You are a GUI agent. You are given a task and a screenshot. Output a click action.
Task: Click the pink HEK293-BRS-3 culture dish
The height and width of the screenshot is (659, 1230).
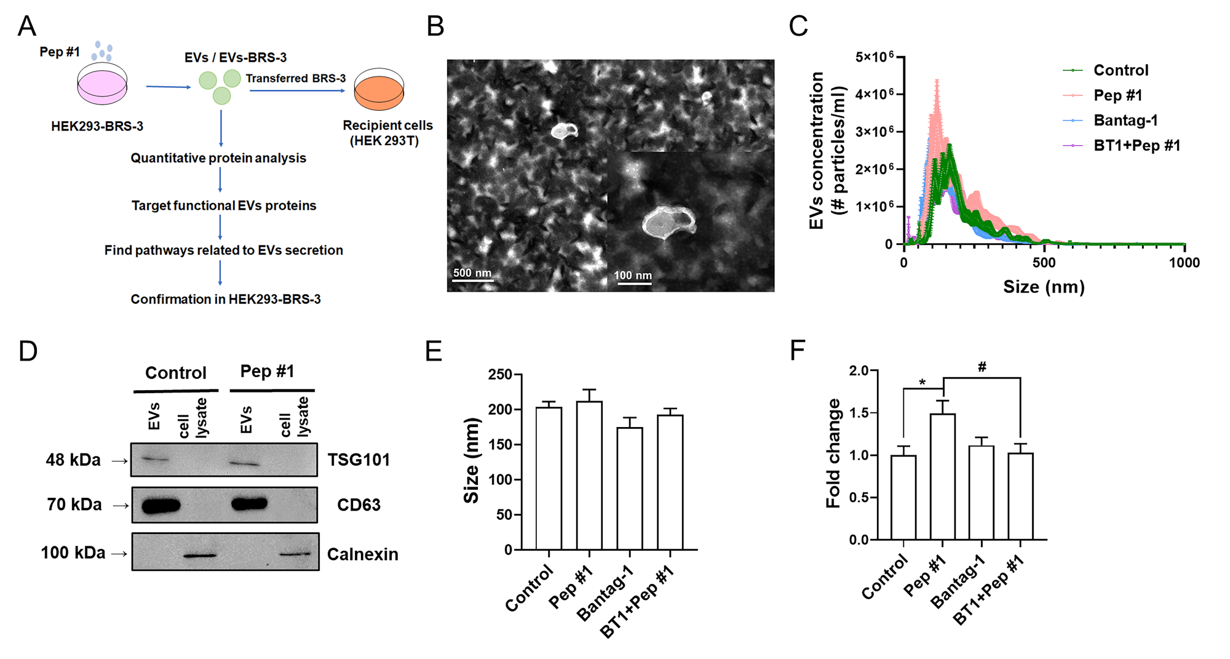point(102,86)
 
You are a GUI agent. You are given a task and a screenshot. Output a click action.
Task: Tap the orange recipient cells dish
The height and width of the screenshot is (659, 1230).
point(379,90)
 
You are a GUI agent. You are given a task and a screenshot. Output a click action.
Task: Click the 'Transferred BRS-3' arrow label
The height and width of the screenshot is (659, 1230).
point(296,78)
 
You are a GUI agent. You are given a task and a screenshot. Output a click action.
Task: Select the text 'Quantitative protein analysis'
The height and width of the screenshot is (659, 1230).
point(218,158)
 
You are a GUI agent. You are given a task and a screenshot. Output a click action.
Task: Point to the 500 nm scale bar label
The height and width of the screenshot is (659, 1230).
point(472,273)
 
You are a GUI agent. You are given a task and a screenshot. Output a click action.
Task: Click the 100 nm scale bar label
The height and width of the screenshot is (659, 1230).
point(633,275)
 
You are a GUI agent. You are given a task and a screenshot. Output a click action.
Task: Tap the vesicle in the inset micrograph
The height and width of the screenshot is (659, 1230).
point(668,223)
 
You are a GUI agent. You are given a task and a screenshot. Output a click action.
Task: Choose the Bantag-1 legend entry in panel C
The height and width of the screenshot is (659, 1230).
point(1125,121)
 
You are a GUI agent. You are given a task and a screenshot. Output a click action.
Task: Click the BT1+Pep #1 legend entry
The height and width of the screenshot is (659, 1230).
point(1137,146)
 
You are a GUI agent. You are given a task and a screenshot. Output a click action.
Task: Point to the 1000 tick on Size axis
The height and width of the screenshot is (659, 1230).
point(1184,263)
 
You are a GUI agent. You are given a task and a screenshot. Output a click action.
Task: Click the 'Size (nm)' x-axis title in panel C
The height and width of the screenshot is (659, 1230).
point(1044,287)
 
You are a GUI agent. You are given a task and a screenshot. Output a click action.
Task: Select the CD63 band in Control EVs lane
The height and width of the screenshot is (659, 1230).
point(161,506)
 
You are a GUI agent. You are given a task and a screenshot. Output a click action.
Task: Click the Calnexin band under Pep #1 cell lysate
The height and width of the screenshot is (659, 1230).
point(295,554)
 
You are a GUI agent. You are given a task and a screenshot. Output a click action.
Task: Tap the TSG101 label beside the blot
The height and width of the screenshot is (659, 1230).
point(359,460)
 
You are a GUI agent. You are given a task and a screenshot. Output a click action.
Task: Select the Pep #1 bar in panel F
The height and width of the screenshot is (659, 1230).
point(942,477)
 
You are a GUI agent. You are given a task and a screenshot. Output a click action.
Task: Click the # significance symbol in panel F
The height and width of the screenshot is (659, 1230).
point(982,367)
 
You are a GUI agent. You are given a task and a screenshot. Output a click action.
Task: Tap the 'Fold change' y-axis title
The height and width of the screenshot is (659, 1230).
point(833,453)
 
